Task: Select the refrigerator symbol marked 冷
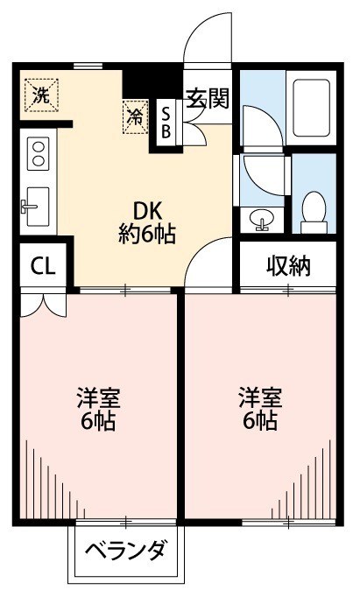[135, 116]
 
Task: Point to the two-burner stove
[38, 154]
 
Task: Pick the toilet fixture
[313, 210]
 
